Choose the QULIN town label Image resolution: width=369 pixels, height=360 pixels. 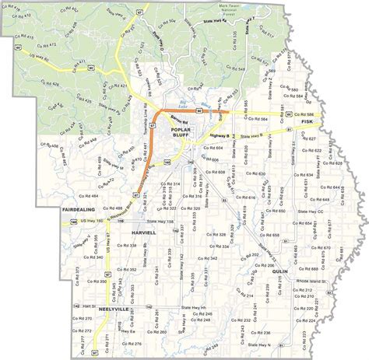(281, 271)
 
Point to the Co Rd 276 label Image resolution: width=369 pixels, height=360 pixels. (132, 343)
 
